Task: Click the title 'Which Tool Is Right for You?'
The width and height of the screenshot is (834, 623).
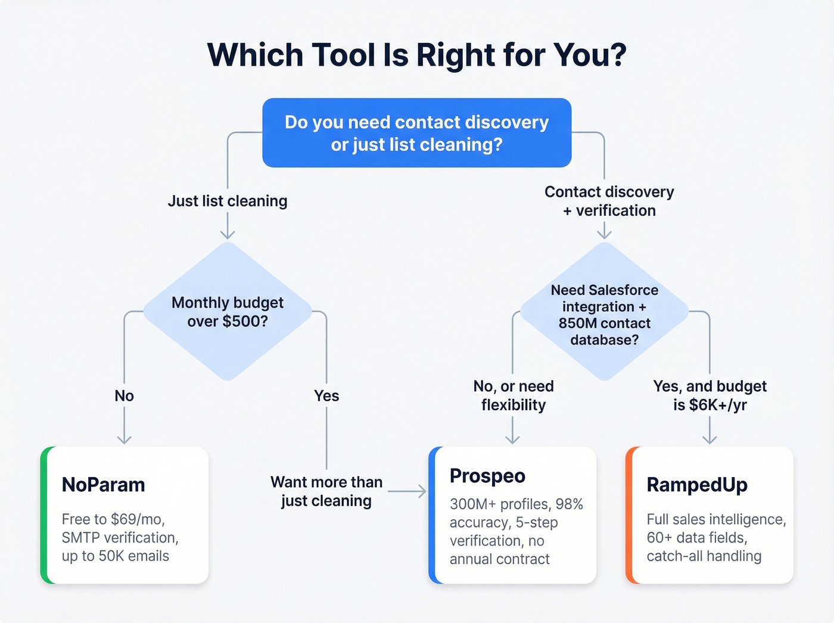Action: coord(416,55)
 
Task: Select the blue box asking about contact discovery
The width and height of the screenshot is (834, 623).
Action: coord(416,133)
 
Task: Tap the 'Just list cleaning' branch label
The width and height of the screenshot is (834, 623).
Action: coord(228,201)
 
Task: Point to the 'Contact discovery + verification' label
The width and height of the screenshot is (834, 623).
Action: coord(609,201)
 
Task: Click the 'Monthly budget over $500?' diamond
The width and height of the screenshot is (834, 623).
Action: coord(228,311)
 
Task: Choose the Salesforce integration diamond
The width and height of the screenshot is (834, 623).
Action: coord(604,314)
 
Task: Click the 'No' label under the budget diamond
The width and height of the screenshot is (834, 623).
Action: coord(124,396)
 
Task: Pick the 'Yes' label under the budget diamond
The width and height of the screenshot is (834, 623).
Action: coord(326,396)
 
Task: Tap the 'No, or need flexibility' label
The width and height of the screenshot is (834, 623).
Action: coord(514,395)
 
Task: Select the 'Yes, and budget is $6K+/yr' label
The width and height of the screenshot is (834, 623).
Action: coord(709,395)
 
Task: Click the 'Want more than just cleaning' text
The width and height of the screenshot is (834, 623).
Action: coord(326,491)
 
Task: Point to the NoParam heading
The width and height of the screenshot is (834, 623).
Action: coord(104,485)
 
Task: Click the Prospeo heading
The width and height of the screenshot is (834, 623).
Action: coord(487,476)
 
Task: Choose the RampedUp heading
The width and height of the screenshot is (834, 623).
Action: coord(697,485)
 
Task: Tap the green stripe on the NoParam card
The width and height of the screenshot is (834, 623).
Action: coord(44,515)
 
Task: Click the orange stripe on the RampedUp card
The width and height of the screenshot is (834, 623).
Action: coord(629,515)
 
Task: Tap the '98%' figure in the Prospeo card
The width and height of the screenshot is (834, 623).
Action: coord(569,504)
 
